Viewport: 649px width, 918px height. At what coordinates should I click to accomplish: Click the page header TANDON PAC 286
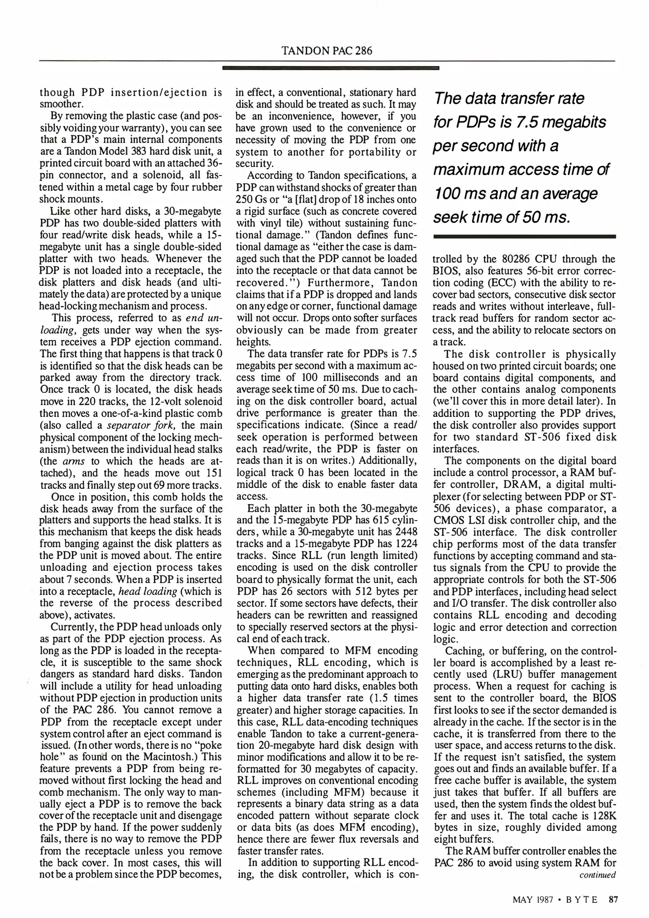(327, 51)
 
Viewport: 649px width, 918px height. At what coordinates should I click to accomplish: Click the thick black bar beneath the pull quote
(524, 236)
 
